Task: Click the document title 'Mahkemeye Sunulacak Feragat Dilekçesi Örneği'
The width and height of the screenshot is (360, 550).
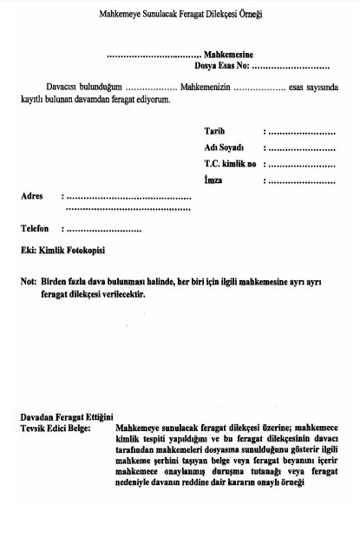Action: click(181, 16)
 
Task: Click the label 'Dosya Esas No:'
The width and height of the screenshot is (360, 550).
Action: click(223, 66)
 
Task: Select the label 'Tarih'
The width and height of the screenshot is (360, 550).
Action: click(214, 131)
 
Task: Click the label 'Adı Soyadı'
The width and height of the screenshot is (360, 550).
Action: click(224, 147)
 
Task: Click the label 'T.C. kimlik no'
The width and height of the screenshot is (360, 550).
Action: click(230, 164)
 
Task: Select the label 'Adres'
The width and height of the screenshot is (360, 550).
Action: click(32, 196)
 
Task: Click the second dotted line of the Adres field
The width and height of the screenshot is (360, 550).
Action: click(128, 209)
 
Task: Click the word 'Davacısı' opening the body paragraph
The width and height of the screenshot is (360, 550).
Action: click(63, 88)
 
